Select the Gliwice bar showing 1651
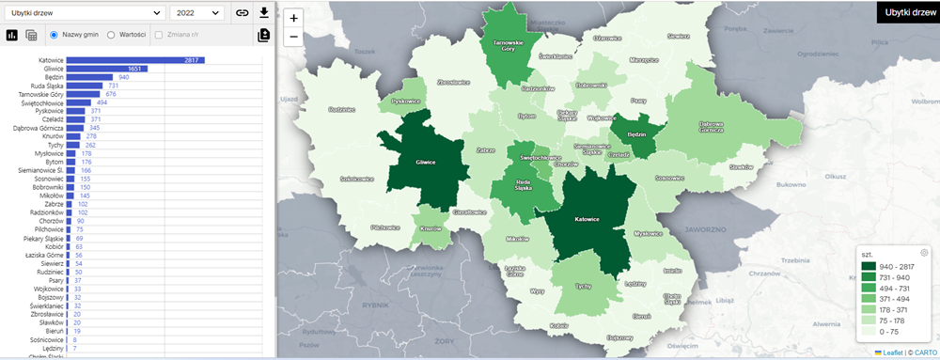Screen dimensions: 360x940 coord(105,69)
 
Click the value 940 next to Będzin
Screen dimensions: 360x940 coord(123,77)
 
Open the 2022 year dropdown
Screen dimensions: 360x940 coord(197,13)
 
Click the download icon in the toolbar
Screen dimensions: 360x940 coord(264,13)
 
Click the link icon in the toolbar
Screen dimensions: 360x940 coord(242,13)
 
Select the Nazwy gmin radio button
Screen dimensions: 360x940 coord(55,35)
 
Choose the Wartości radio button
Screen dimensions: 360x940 coord(112,35)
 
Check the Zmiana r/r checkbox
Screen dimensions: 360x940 coord(158,35)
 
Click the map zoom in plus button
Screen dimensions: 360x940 coord(294,18)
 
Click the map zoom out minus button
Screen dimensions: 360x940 coord(294,37)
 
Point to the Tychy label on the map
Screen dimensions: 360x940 coord(583,286)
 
